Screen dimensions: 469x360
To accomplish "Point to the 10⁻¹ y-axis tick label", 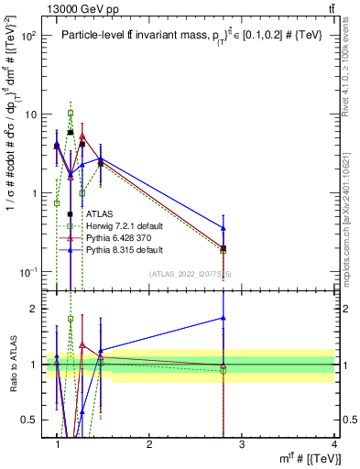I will (x=28, y=272).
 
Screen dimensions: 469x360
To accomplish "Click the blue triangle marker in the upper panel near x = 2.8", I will (x=223, y=227).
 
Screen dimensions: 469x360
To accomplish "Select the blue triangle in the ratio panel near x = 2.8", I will (x=223, y=318).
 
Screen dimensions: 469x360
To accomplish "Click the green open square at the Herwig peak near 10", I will (x=70, y=114).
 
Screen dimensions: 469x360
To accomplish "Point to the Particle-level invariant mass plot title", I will (x=197, y=36).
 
